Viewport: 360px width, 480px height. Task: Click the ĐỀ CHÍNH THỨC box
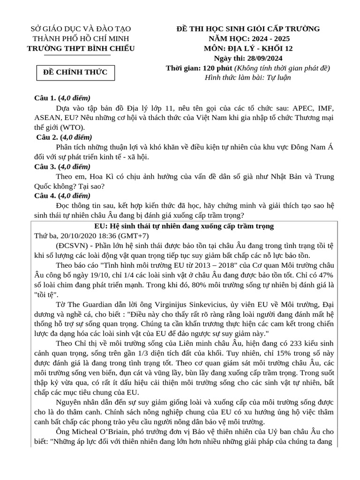[75, 72]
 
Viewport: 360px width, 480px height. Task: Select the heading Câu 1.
[45, 98]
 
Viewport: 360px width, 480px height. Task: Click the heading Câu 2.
[47, 137]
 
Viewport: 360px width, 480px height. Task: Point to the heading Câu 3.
[45, 166]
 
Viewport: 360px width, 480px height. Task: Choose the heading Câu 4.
[45, 195]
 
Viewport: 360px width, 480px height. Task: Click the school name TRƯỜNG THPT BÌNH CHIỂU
[81, 49]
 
